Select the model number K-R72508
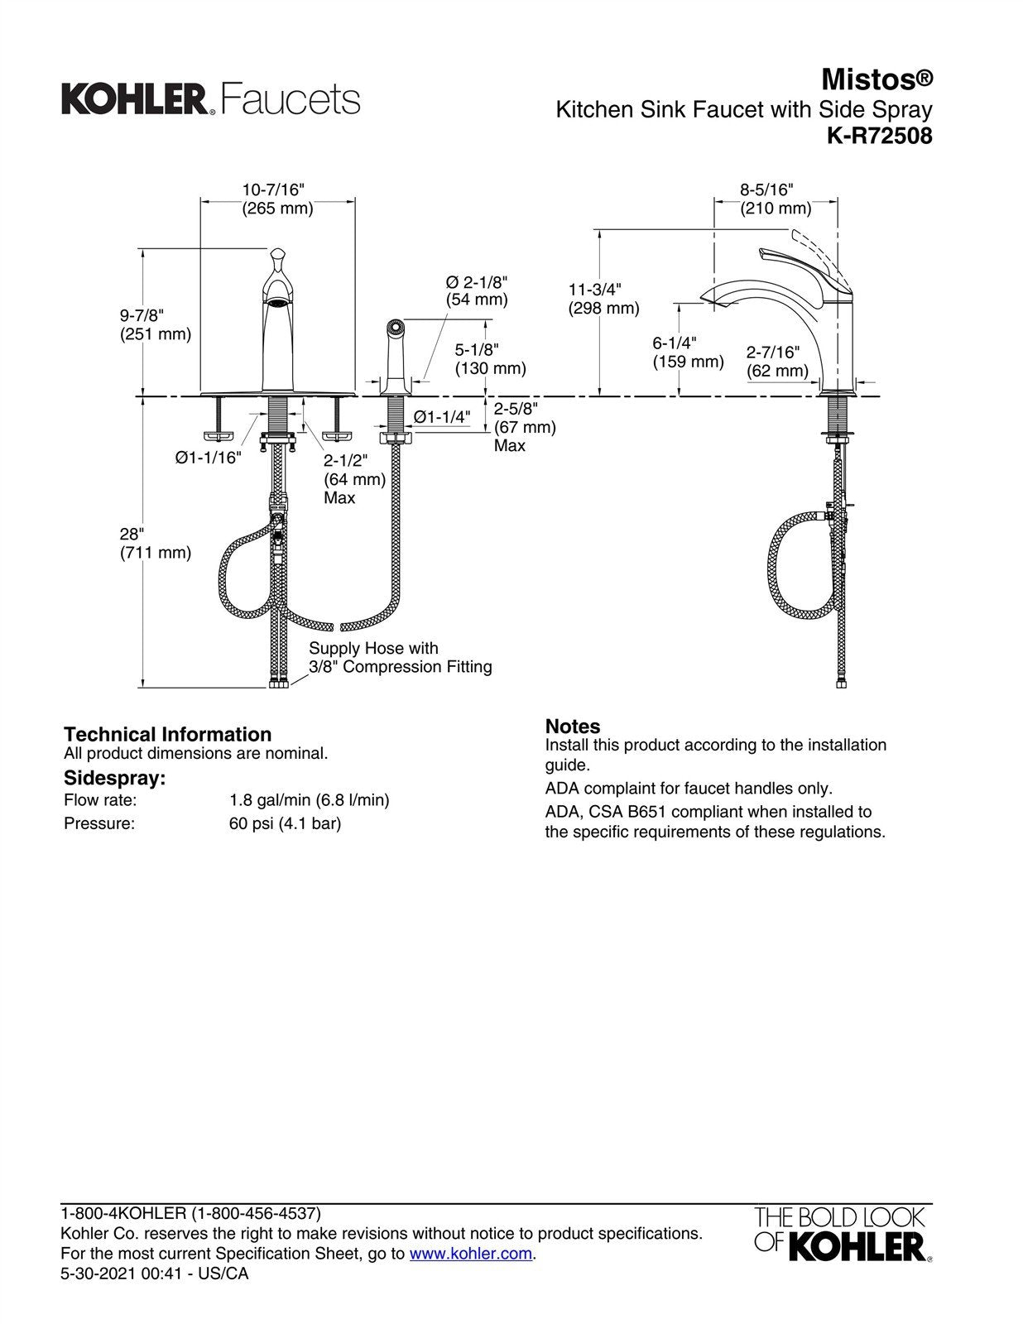(879, 136)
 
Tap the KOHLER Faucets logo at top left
(210, 99)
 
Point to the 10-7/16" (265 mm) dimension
(277, 199)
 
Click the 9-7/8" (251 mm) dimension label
(155, 324)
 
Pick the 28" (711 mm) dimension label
(155, 543)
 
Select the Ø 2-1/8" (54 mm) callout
(477, 290)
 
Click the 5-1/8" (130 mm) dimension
(490, 359)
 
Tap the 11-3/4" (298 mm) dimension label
(603, 299)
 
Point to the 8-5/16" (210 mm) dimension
(775, 199)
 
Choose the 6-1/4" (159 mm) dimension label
(687, 353)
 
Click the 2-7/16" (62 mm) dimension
(777, 362)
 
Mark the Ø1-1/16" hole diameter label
(208, 458)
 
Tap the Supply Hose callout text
(400, 658)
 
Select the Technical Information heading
(167, 734)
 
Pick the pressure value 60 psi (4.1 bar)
(285, 823)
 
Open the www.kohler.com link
(471, 1254)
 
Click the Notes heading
(572, 727)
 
